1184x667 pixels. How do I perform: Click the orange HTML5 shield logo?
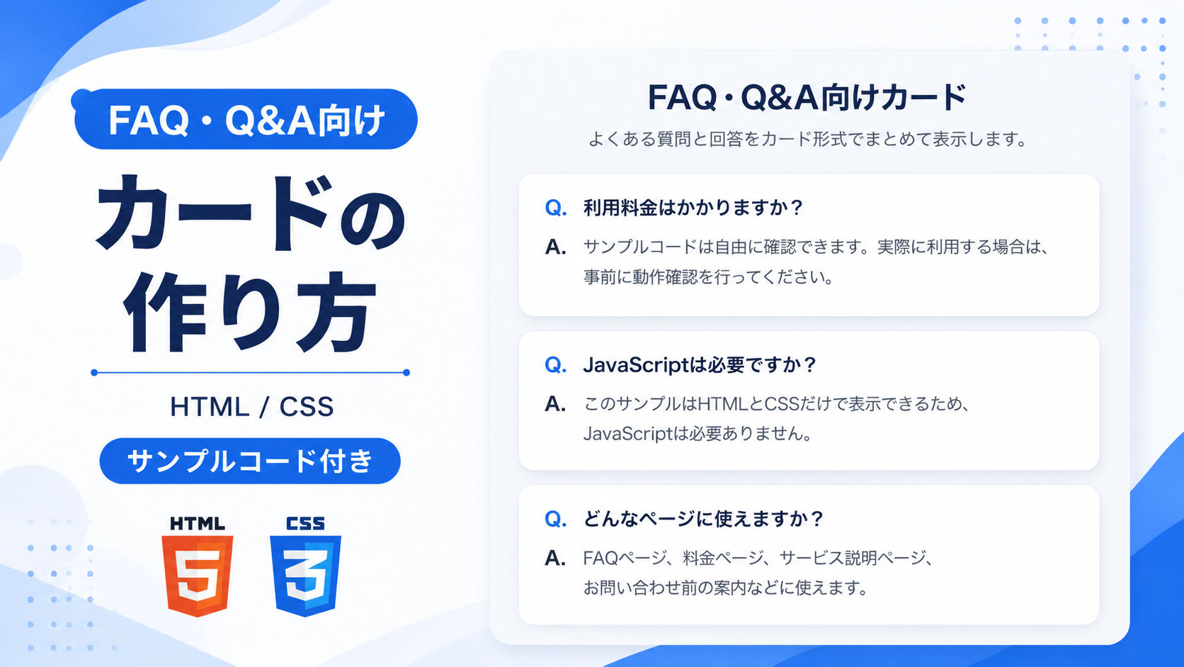click(197, 576)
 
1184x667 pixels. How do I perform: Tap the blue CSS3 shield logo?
click(305, 576)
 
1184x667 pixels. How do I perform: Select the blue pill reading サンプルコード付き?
click(250, 461)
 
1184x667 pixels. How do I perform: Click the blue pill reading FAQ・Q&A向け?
click(246, 119)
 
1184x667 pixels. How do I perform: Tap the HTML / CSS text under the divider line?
click(251, 407)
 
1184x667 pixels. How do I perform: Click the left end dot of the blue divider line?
click(94, 372)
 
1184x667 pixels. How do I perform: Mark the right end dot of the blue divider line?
click(406, 372)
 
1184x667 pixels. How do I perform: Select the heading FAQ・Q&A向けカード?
click(807, 97)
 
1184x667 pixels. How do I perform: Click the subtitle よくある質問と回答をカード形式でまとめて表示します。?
click(808, 139)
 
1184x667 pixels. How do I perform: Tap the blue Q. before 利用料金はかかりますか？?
click(555, 208)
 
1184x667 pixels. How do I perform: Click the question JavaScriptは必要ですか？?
click(700, 365)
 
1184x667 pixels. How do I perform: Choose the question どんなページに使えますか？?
click(703, 519)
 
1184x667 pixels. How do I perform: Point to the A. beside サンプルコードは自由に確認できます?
click(555, 247)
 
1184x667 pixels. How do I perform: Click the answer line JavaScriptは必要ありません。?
click(698, 434)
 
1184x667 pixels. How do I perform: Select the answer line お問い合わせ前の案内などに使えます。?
click(726, 588)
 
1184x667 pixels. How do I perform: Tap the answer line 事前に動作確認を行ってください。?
click(709, 276)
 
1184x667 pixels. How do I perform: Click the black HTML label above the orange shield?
click(197, 524)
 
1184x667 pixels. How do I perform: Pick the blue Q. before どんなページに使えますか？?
click(555, 520)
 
